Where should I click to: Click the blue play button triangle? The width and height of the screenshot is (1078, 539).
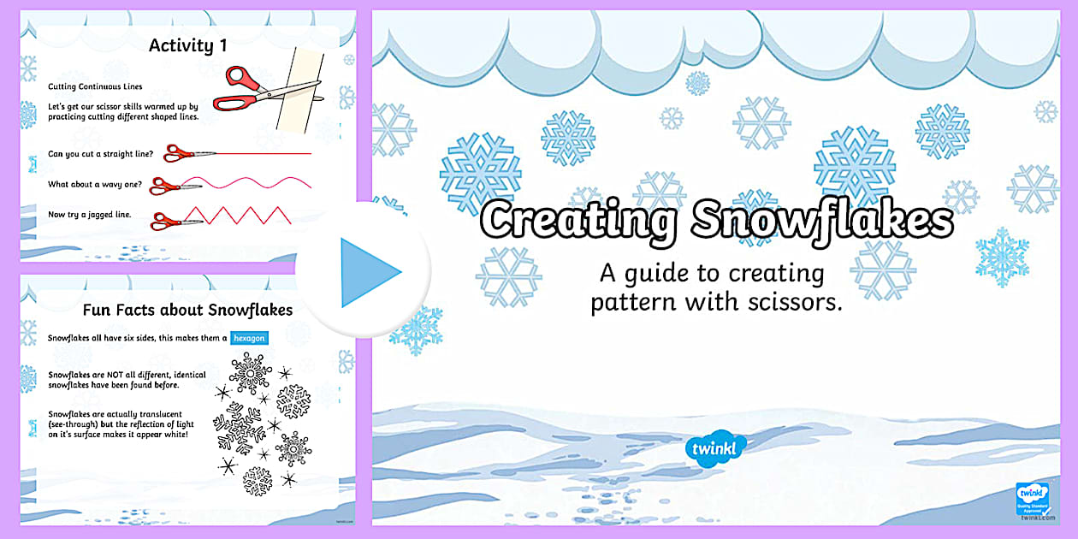coord(368,272)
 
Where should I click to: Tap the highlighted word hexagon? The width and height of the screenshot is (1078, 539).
coord(250,338)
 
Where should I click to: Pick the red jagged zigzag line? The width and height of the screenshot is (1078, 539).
coord(248,216)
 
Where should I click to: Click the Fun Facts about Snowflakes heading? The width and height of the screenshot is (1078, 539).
coord(187,310)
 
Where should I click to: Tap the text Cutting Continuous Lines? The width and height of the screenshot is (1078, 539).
coord(95,87)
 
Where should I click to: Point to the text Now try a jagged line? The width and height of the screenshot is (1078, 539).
coord(90,214)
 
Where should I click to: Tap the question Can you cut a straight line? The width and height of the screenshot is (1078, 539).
coord(101,154)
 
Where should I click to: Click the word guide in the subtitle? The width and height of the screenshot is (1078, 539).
coord(654,274)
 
